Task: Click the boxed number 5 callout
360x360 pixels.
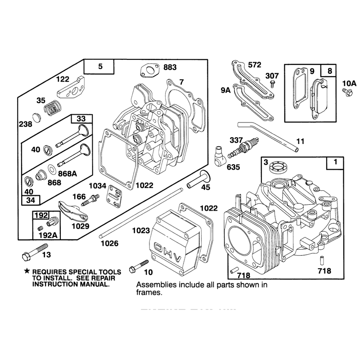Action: [x=99, y=67]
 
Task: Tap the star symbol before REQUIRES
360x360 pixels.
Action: [x=27, y=271]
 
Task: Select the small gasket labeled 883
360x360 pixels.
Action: [x=149, y=71]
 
